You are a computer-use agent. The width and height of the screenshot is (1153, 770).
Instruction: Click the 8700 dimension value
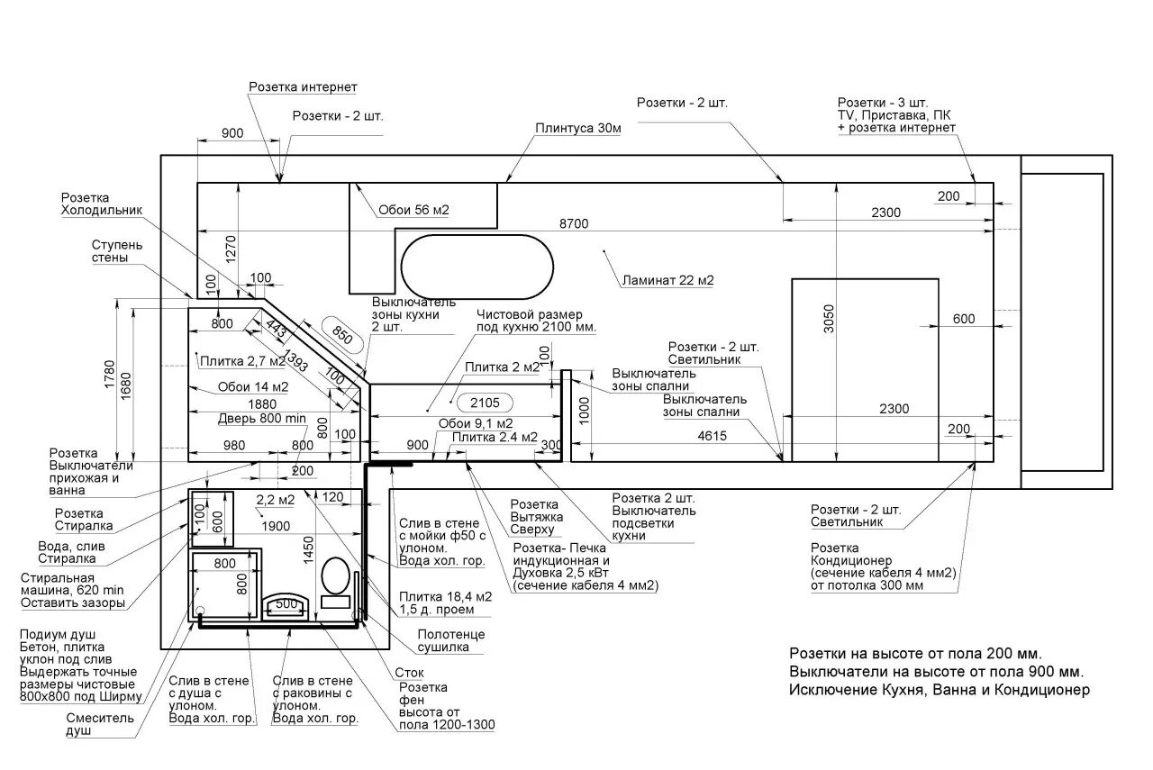click(x=574, y=223)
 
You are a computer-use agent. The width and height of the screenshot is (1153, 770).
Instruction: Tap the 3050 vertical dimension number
click(x=828, y=319)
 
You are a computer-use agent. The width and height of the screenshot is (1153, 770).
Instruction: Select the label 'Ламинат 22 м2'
click(x=667, y=280)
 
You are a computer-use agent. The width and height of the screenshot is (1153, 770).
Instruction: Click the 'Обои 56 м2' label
click(x=413, y=210)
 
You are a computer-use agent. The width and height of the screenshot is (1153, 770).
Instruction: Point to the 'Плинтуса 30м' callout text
click(x=578, y=128)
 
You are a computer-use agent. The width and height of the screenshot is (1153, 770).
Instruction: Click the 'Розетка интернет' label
click(x=303, y=87)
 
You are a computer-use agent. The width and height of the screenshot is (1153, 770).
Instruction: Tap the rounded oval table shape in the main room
click(x=477, y=267)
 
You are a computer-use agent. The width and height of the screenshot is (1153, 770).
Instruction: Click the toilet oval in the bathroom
click(x=335, y=575)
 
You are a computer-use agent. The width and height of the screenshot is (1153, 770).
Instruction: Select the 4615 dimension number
click(x=712, y=436)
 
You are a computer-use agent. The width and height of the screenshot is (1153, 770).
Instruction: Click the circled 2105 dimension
click(x=485, y=403)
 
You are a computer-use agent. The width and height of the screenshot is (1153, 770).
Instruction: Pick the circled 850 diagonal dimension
click(x=342, y=334)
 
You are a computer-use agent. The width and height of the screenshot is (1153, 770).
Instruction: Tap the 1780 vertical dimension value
click(x=109, y=374)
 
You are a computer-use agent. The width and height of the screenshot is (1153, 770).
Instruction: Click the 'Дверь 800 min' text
click(x=261, y=419)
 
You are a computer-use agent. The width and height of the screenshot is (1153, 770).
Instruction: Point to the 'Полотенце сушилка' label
click(x=451, y=641)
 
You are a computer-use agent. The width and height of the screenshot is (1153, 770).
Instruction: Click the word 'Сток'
click(x=409, y=673)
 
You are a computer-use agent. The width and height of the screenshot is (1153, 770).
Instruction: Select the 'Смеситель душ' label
click(x=100, y=724)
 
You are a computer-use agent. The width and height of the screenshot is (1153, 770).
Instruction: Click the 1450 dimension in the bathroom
click(x=308, y=550)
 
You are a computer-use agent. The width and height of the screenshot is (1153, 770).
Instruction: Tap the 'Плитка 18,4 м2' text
click(x=445, y=597)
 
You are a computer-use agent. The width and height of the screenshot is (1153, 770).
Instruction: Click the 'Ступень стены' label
click(x=117, y=251)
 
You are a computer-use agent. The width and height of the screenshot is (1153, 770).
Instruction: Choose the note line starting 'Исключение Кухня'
click(x=940, y=690)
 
